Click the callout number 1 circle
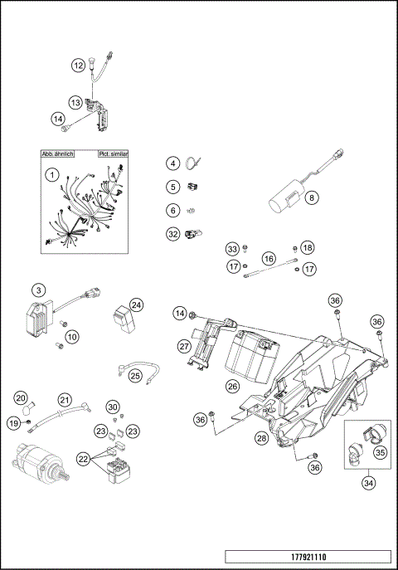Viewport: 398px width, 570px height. pyautogui.click(x=51, y=175)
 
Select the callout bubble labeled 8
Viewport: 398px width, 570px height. pyautogui.click(x=312, y=198)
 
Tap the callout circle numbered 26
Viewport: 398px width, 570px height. pyautogui.click(x=232, y=386)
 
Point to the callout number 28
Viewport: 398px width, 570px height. pyautogui.click(x=260, y=437)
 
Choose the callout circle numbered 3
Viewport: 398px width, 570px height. pyautogui.click(x=38, y=290)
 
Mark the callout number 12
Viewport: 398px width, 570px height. pyautogui.click(x=77, y=65)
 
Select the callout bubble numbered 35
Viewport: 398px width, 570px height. pyautogui.click(x=381, y=453)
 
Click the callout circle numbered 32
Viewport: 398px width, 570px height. pyautogui.click(x=172, y=234)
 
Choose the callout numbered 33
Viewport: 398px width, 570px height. pyautogui.click(x=232, y=249)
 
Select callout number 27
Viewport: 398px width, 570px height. pyautogui.click(x=184, y=346)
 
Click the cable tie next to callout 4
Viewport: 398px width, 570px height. pyautogui.click(x=197, y=163)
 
